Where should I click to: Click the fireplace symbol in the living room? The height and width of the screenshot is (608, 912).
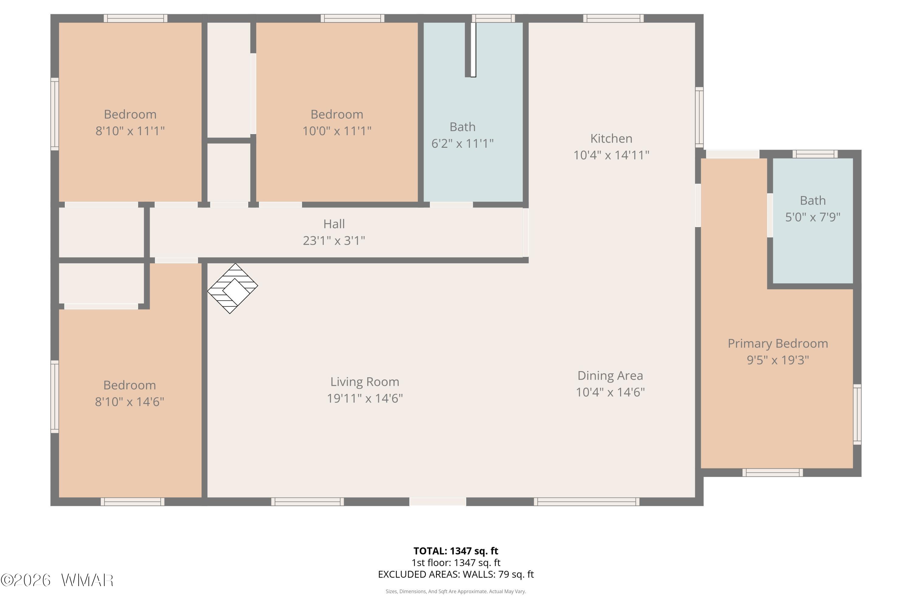(x=233, y=288)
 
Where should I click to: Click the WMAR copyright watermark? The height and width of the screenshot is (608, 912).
(x=57, y=580)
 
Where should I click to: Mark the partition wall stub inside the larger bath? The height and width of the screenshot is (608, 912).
(x=470, y=50)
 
